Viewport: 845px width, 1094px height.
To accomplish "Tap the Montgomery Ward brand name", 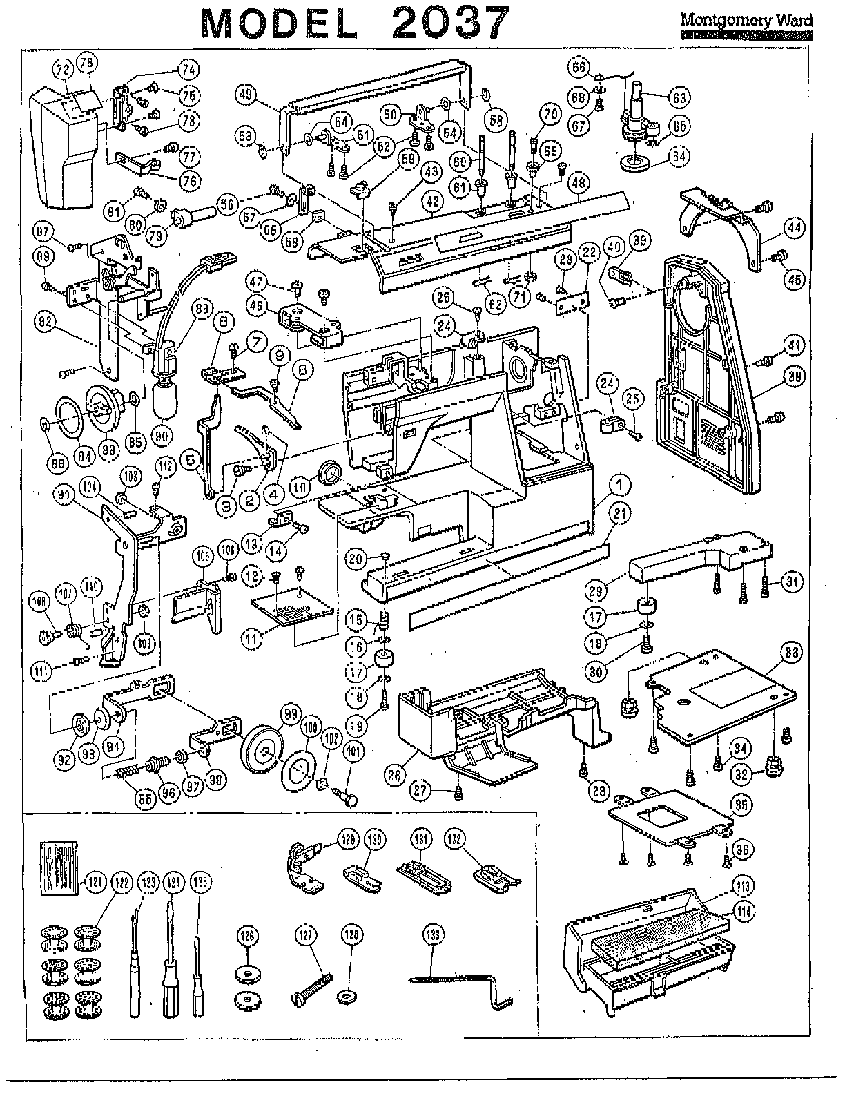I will point(746,20).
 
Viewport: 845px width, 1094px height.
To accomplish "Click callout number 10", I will point(300,488).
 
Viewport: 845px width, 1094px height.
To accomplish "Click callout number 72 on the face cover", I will point(63,70).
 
